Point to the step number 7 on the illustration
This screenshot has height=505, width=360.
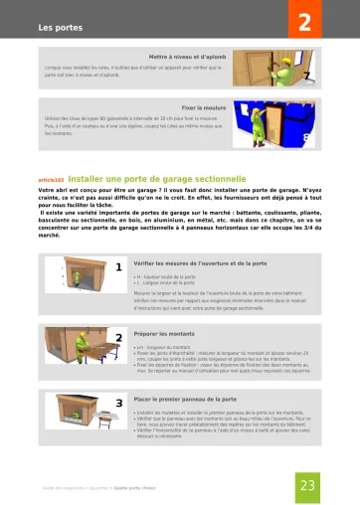306,75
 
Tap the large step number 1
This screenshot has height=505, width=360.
118,267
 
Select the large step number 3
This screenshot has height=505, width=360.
118,403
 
